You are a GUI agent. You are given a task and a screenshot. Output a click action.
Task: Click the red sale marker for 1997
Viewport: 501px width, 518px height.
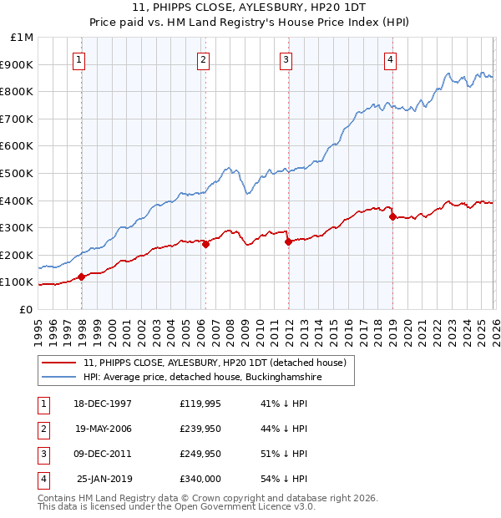(82, 277)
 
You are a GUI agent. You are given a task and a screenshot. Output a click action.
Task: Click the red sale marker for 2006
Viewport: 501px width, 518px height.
(205, 244)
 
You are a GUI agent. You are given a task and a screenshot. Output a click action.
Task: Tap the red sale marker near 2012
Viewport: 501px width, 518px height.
(287, 241)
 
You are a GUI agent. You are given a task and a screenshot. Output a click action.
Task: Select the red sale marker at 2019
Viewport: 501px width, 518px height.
(392, 217)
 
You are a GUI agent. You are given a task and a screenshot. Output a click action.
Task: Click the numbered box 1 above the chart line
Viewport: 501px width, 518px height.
(78, 58)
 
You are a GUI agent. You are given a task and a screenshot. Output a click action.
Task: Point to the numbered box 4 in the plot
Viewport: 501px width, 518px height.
(391, 58)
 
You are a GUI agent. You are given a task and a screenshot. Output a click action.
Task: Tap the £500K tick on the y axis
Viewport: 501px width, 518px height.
(18, 174)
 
